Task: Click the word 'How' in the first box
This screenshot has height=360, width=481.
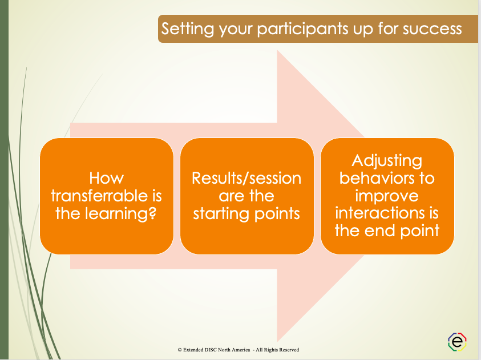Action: tap(106, 178)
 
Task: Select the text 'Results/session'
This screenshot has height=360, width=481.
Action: tap(246, 178)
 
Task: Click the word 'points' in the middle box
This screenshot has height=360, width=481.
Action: tap(280, 213)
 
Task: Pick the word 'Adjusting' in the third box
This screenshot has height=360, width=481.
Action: tap(387, 160)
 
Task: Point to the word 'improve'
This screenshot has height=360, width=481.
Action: tap(387, 196)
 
